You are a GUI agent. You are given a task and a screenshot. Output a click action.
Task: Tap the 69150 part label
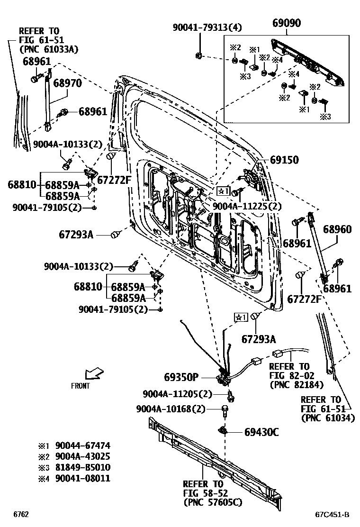284,160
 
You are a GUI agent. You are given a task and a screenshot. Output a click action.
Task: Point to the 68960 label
337,229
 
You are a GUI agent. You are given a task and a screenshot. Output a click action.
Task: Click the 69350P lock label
181,377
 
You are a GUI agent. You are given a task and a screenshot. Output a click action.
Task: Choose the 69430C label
261,432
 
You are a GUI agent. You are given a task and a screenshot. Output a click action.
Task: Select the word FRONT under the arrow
80,386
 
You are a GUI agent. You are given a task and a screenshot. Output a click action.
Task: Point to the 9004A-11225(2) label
247,206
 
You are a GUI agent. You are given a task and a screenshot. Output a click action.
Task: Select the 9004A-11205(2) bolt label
178,394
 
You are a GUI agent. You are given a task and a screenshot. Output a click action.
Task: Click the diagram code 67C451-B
332,515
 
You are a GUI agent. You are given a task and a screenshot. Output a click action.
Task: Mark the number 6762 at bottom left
21,515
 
